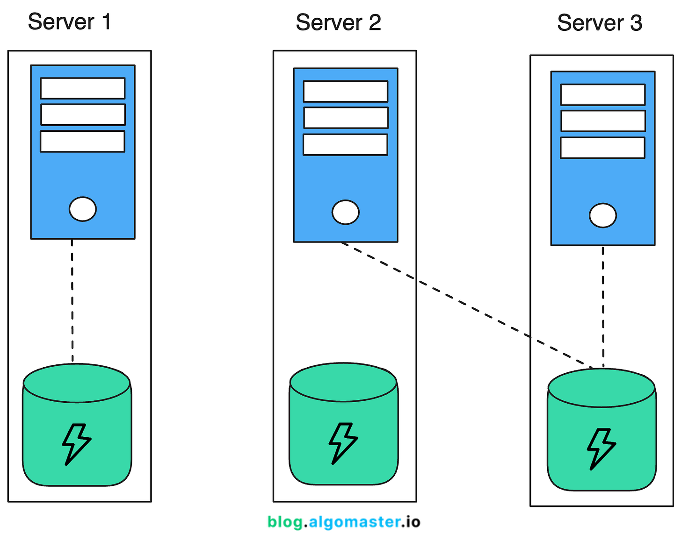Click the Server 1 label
click(69, 22)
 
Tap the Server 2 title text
click(338, 22)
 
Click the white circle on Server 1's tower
click(83, 209)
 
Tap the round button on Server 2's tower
click(346, 212)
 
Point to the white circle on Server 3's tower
click(602, 215)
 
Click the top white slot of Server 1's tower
click(83, 88)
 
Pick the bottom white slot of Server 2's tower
click(345, 144)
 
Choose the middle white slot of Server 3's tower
click(603, 121)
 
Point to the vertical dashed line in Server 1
click(72, 301)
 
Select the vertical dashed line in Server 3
click(603, 306)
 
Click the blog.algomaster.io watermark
click(344, 522)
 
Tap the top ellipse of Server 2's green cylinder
click(343, 383)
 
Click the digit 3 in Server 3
click(636, 23)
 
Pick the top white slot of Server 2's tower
click(346, 92)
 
